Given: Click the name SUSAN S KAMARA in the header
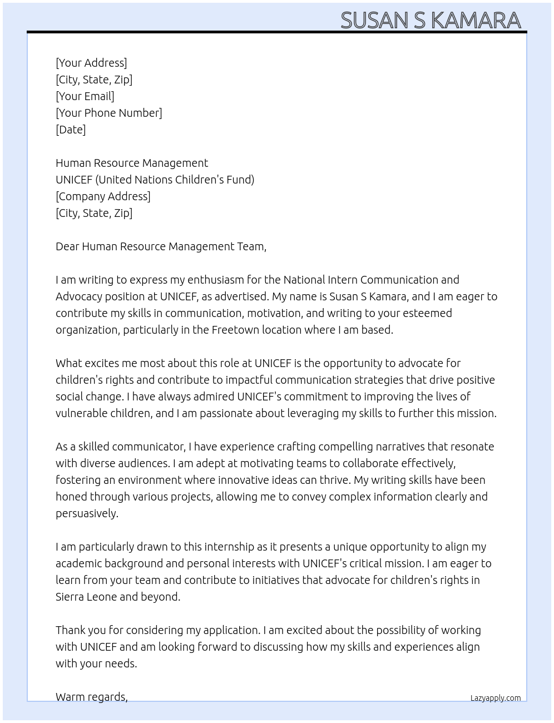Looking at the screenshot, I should click(x=431, y=21).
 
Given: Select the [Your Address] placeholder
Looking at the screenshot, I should click(x=91, y=63).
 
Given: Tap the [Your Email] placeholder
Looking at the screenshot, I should click(x=85, y=96).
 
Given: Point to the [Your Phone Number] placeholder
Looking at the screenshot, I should click(x=109, y=113).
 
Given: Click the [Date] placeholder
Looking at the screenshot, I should click(x=71, y=130).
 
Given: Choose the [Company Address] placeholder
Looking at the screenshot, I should click(x=103, y=196).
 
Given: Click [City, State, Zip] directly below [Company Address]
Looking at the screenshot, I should click(x=94, y=213).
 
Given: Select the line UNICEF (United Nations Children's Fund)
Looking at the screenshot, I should click(x=155, y=180).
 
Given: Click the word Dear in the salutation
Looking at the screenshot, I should click(x=67, y=246).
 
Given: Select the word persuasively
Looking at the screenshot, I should click(x=87, y=513).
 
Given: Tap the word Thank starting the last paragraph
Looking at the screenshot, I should click(x=71, y=630).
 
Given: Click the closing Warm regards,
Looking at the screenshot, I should click(x=92, y=697).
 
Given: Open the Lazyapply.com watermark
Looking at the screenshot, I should click(x=496, y=698).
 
